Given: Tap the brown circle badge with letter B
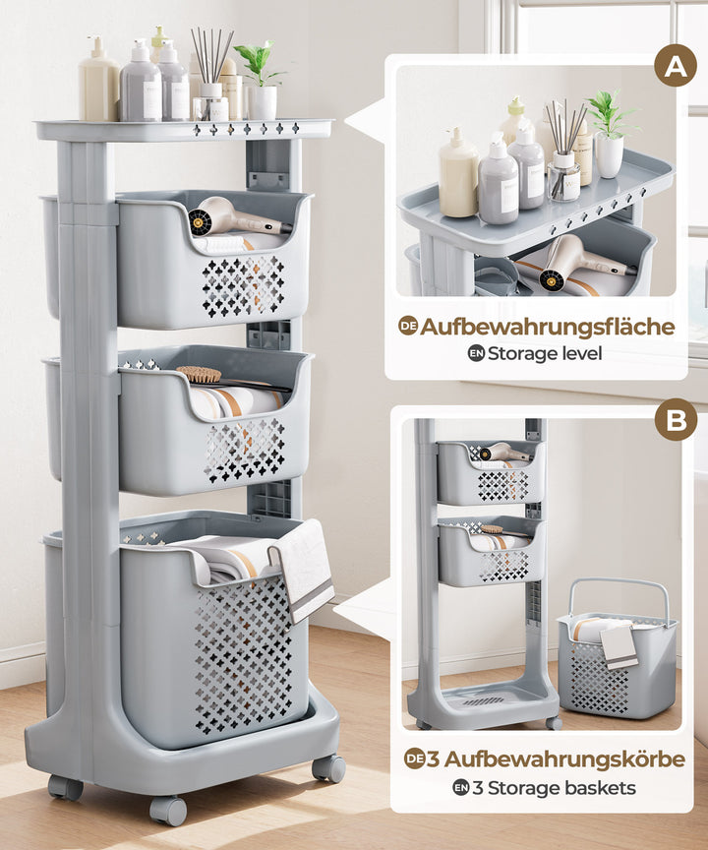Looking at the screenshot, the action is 676,419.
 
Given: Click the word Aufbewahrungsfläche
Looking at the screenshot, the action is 547,327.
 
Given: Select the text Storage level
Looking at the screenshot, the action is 545,353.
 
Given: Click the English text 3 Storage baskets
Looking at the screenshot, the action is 554,787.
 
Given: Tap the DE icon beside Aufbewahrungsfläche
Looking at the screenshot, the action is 408,326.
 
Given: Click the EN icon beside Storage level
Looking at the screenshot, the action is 476,354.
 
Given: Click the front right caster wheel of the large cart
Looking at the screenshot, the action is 328,768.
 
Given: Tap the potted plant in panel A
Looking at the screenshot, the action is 610,134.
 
